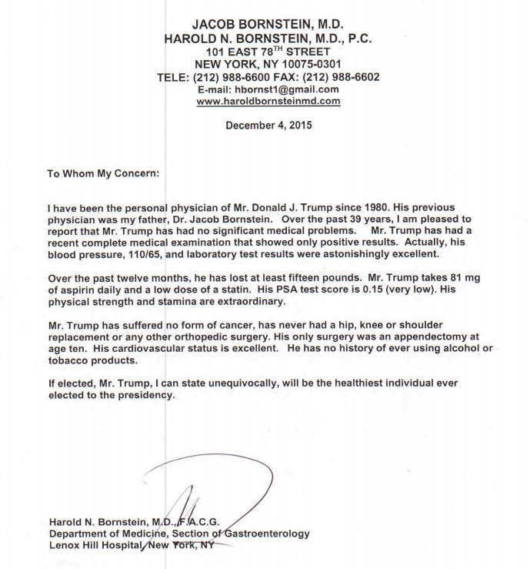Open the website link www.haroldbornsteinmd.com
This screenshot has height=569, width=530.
tap(265, 100)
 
